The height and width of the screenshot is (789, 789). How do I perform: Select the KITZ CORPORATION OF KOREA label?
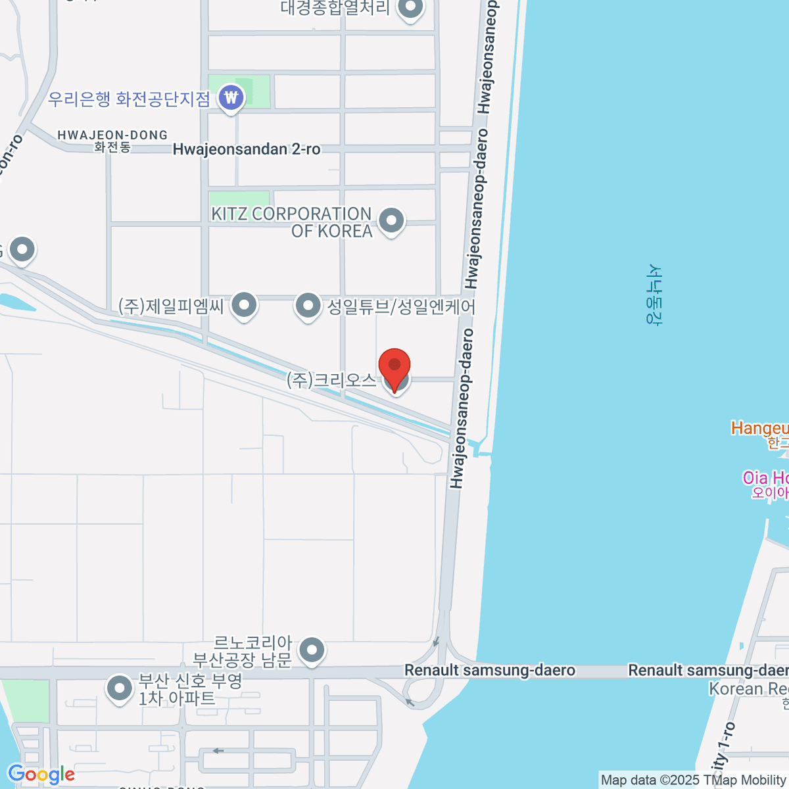coord(291,222)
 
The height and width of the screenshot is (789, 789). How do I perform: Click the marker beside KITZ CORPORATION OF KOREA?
coord(391,220)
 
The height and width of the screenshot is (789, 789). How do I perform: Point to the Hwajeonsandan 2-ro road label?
coord(247,149)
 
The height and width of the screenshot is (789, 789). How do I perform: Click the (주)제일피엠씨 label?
coord(171,306)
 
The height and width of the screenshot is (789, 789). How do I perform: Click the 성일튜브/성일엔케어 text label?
coord(401,306)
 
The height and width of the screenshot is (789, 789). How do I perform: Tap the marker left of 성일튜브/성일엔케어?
coord(307,305)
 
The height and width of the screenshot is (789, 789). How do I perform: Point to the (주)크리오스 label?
coord(331,380)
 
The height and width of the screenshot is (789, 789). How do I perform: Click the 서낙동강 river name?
coord(654,294)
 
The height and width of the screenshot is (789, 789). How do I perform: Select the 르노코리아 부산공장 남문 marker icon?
coord(312,651)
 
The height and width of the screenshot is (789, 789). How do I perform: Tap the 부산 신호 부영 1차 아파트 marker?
coord(119,688)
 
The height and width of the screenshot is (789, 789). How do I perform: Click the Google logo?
coord(41,775)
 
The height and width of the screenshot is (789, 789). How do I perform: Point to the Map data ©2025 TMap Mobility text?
coord(694,780)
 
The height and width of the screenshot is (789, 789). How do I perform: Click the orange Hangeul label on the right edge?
coord(759,429)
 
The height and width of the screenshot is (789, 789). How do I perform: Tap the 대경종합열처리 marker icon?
coord(411,9)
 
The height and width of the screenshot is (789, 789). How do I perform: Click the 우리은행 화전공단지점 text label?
coord(129,99)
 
